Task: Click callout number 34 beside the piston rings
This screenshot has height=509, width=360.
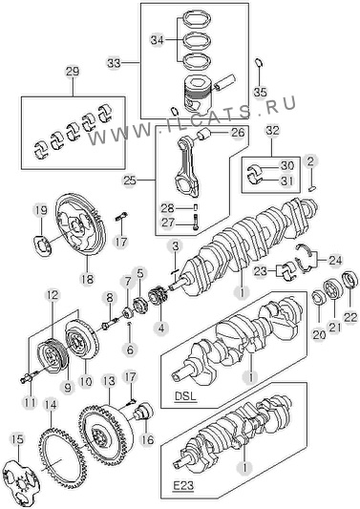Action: point(159,40)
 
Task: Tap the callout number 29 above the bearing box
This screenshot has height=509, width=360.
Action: point(73,72)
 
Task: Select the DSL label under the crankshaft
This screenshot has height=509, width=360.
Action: point(185,396)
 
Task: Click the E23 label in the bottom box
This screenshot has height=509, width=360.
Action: point(182,486)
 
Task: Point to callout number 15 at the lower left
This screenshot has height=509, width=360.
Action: point(18,439)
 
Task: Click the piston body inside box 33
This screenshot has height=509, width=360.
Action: point(196,95)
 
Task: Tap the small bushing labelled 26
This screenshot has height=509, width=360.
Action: point(204,134)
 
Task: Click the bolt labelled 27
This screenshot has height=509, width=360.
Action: point(196,223)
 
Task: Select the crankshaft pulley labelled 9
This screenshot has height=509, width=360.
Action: point(53,356)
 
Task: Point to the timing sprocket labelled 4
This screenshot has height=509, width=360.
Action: point(158,296)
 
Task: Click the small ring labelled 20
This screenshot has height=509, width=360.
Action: point(318,298)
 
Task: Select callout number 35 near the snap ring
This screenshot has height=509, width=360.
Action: point(260,92)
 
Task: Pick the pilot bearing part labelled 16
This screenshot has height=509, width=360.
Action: point(143,411)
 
